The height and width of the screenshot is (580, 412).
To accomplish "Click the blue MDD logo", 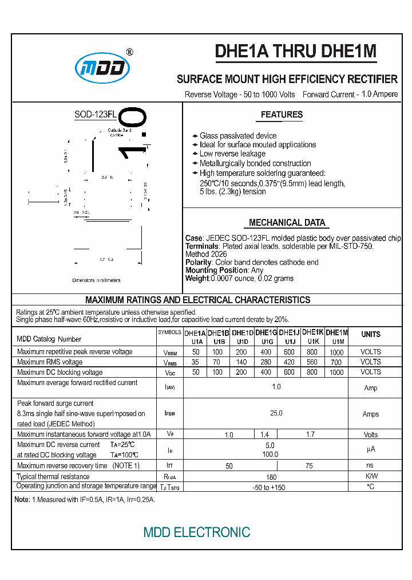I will [x=103, y=69].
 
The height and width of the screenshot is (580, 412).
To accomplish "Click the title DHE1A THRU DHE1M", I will [x=295, y=52].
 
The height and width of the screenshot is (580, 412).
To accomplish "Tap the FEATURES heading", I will [x=282, y=115].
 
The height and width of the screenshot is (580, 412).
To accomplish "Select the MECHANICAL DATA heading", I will [x=287, y=222].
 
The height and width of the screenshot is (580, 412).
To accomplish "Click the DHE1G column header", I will [x=266, y=332].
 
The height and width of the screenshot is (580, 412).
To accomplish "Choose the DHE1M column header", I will [x=337, y=332].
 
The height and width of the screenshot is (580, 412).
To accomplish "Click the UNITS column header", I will [x=371, y=334].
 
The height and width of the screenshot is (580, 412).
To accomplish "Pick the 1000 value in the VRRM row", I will [x=337, y=352].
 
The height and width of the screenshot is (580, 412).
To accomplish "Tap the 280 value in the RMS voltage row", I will [x=266, y=362].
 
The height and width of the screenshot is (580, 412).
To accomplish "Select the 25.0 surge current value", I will [x=276, y=413].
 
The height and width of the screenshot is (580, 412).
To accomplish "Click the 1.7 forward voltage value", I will [x=310, y=434].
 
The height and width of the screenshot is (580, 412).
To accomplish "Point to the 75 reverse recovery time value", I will [x=310, y=466].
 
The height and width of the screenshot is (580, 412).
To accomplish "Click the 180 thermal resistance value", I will [x=271, y=477].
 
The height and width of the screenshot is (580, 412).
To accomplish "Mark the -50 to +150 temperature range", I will [x=269, y=487].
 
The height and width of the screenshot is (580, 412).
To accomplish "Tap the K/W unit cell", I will [x=371, y=476].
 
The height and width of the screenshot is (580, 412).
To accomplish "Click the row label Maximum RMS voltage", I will [x=50, y=362].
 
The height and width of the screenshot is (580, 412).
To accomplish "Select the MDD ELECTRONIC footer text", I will [x=197, y=532].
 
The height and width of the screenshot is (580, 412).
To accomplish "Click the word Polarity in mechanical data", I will [x=199, y=262].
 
